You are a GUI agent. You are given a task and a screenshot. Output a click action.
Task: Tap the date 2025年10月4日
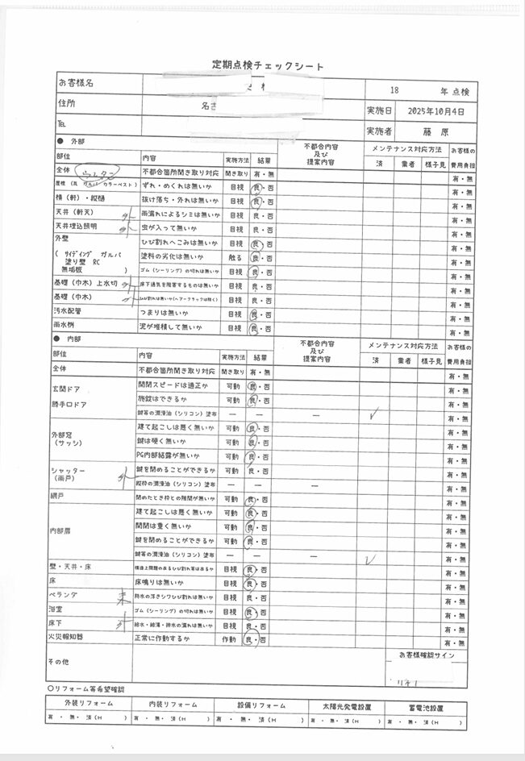436,110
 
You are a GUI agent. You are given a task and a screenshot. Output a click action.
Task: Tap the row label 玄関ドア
69,389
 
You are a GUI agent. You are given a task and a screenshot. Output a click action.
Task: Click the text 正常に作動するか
167,638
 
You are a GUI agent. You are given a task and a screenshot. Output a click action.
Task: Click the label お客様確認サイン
427,655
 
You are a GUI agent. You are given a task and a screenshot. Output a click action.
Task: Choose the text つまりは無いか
167,314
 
